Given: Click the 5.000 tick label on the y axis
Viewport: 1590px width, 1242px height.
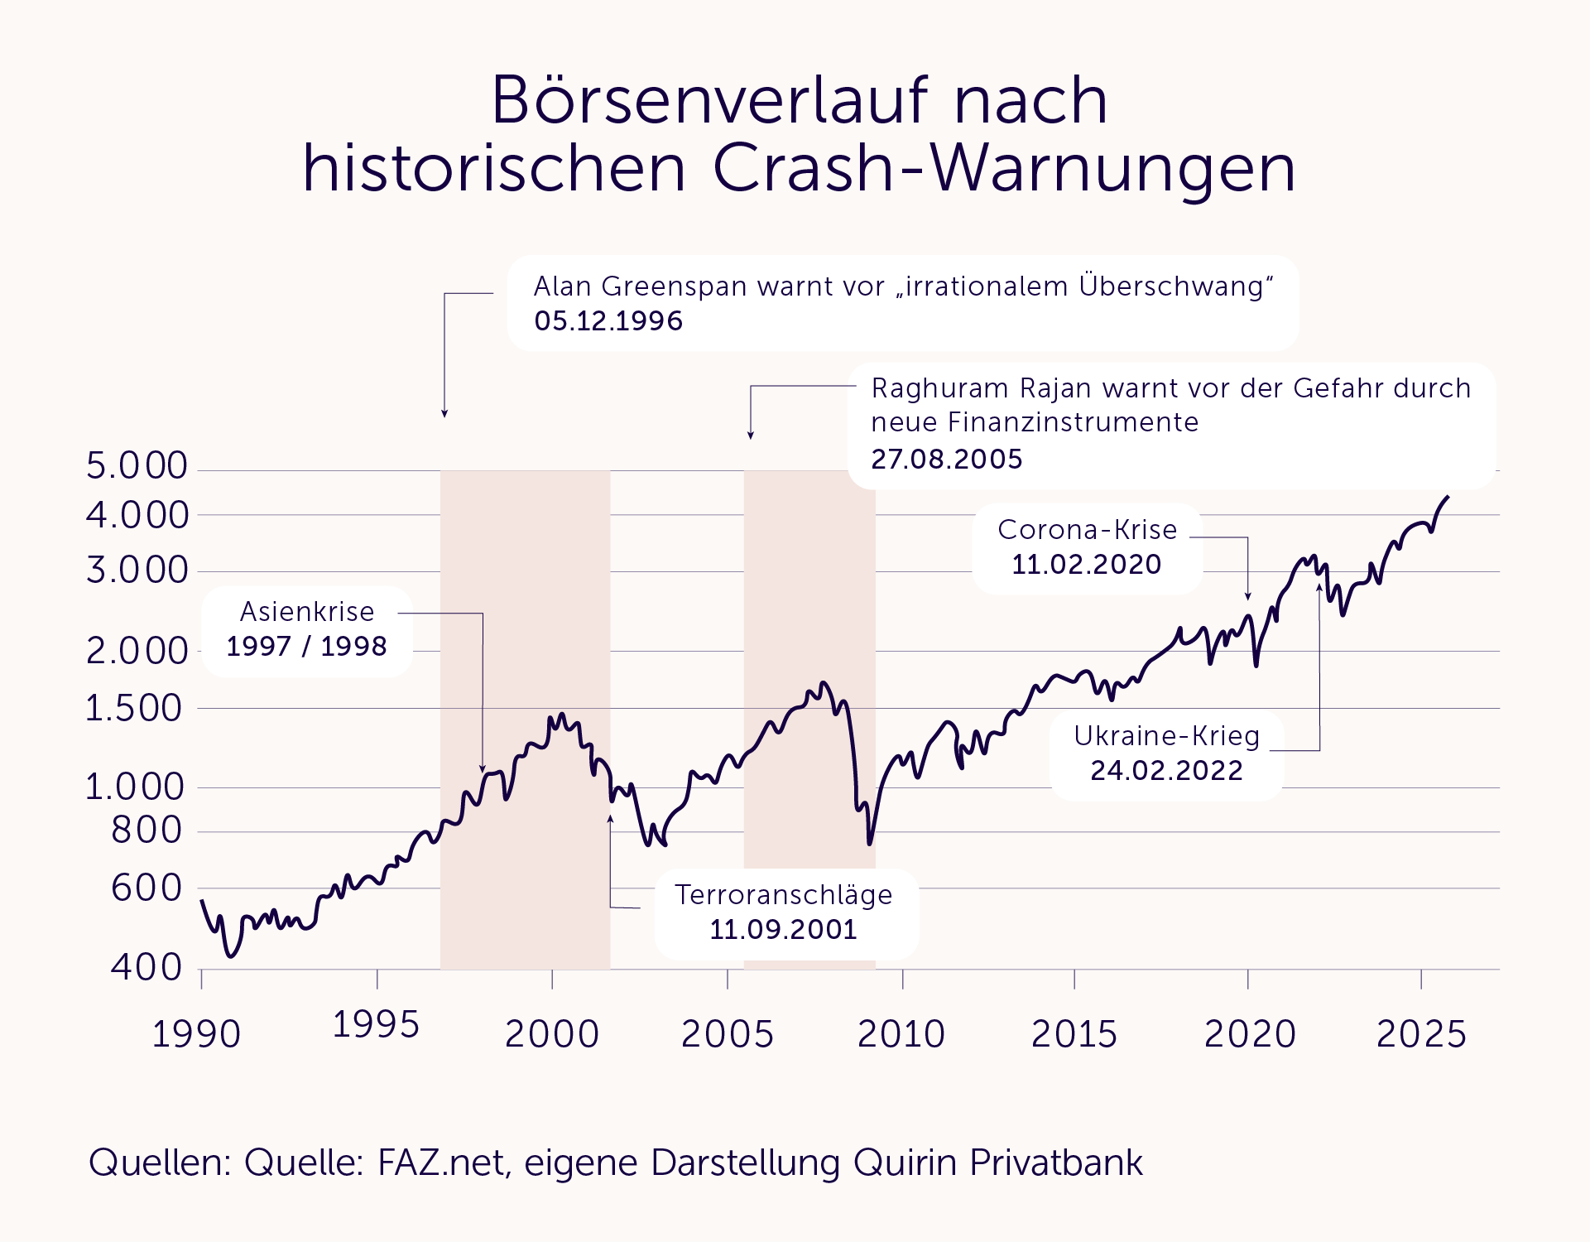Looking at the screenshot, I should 137,466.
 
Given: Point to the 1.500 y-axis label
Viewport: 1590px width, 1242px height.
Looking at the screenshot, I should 134,709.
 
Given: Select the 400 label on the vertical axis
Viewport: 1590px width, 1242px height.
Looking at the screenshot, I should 147,967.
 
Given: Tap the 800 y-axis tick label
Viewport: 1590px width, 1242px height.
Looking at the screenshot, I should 147,830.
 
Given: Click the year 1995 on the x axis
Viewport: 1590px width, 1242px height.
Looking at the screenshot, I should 376,1025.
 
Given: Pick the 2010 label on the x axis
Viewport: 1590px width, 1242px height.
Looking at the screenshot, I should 901,1034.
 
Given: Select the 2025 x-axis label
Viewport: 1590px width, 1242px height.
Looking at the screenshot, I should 1421,1034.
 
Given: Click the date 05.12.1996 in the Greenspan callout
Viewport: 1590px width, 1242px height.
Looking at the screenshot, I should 608,321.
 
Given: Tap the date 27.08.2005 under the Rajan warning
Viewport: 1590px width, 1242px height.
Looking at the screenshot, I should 947,459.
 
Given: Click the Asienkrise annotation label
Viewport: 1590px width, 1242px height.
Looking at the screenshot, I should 307,612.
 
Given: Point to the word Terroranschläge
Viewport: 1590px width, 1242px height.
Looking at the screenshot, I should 783,895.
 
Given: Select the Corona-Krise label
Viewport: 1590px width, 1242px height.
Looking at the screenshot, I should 1087,530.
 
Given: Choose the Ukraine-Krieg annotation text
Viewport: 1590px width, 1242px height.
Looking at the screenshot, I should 1166,736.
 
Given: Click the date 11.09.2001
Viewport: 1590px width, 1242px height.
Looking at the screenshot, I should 783,930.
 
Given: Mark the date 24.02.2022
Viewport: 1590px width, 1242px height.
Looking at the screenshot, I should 1166,771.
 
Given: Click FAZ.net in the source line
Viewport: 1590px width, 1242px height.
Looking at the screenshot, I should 440,1163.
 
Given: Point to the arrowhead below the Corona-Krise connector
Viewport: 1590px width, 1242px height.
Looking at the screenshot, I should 1248,595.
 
